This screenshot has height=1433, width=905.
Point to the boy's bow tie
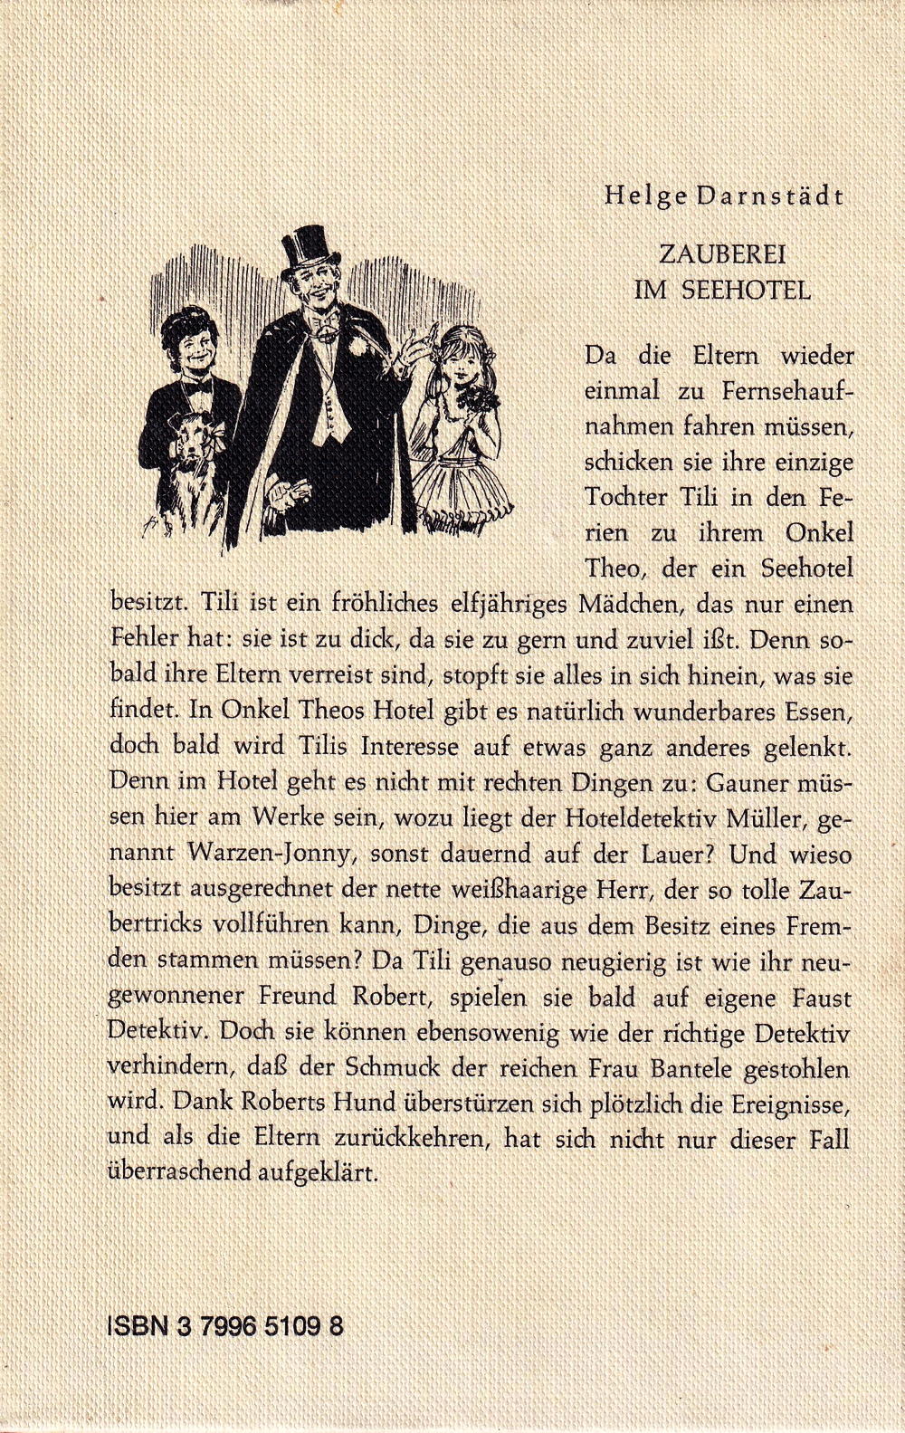[x=197, y=386]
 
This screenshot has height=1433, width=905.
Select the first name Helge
[x=639, y=196]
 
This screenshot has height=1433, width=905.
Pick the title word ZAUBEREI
[x=722, y=256]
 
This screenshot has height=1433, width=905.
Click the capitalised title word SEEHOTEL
[x=752, y=291]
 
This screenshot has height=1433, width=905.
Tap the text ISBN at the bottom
[x=138, y=1327]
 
